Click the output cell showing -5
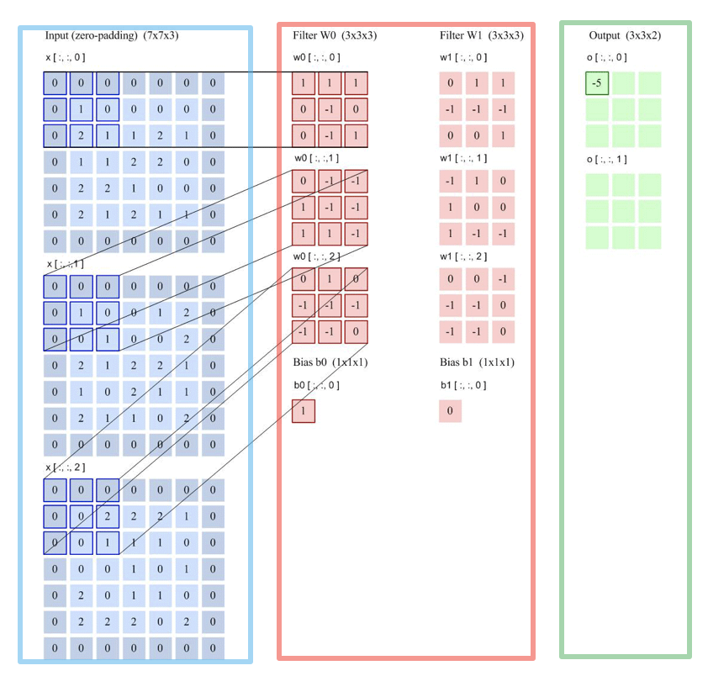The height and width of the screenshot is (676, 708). coord(597,84)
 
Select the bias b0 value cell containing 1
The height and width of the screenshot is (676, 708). coord(303,411)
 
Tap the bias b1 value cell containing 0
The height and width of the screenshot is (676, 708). coord(450,411)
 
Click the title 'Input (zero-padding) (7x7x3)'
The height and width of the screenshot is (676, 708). coord(112,35)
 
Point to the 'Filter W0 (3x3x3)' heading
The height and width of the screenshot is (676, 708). coord(334,35)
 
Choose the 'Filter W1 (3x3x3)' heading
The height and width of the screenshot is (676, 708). coord(481,35)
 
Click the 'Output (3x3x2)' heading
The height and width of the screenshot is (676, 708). coord(624,35)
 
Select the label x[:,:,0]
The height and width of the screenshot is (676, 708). coord(65,57)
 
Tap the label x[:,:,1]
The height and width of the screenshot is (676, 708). coord(65,264)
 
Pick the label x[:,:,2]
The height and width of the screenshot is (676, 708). coord(65,467)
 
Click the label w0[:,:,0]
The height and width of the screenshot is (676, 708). coord(313,57)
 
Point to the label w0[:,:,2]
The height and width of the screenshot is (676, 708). coord(313,256)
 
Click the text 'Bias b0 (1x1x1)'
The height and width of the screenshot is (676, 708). coord(330,362)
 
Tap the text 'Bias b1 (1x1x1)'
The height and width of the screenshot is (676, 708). coord(477,362)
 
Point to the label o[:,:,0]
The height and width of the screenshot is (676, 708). coord(607,57)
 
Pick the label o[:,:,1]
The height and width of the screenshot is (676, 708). coord(607,160)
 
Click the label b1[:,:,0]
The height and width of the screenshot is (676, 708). coord(462,385)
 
